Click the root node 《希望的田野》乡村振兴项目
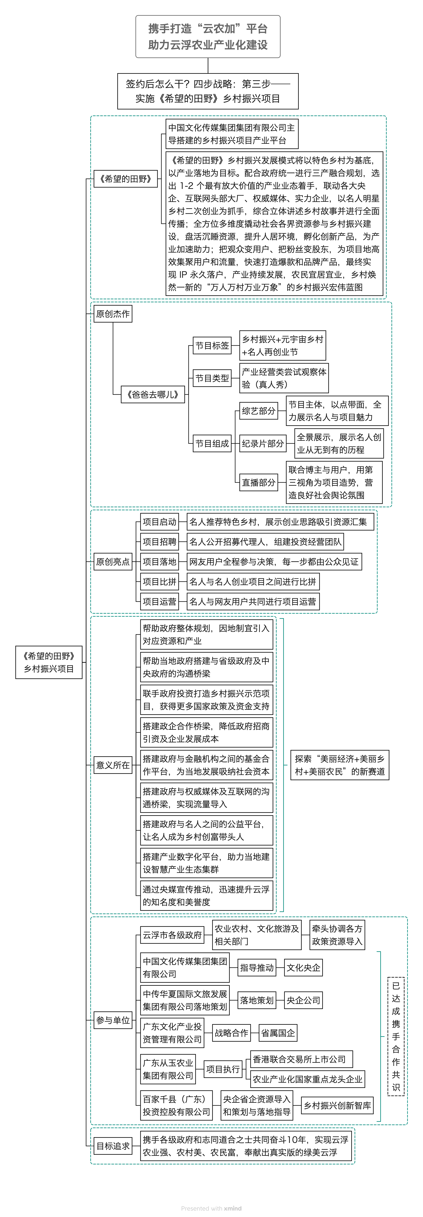coord(49,662)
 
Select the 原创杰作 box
coord(113,314)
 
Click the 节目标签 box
coord(212,345)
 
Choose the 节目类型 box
coord(212,378)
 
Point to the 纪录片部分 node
coord(263,443)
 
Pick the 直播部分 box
coord(259,482)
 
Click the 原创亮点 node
coord(113,561)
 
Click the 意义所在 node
coord(113,765)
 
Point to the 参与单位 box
coord(113,1020)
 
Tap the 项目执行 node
coord(223,1069)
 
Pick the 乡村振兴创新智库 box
coord(337,1105)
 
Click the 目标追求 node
coord(113,1146)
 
